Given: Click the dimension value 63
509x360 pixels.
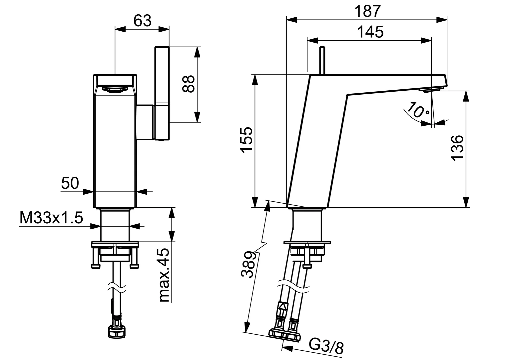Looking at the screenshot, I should pos(142,21).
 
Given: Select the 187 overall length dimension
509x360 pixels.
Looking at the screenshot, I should pos(367,11).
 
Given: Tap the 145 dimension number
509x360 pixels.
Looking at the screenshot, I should pos(370,32).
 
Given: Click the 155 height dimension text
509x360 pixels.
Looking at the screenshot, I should pos(247,139).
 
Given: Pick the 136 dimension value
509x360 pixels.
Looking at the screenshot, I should pos(458,148).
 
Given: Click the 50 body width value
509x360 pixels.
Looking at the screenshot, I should pos(70,183).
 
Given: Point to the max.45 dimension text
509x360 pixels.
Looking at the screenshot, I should pos(164,275).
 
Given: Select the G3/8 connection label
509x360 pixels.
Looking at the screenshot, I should pos(326,347).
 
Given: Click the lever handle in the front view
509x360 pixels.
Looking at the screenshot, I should pos(163,93).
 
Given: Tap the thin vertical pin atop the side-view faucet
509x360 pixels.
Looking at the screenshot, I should pos(322,60).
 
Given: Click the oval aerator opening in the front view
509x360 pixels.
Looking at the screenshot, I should pos(115,89).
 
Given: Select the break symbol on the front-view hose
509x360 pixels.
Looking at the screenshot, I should pos(115,287).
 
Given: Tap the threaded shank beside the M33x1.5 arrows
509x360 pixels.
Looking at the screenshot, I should pos(115,225).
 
